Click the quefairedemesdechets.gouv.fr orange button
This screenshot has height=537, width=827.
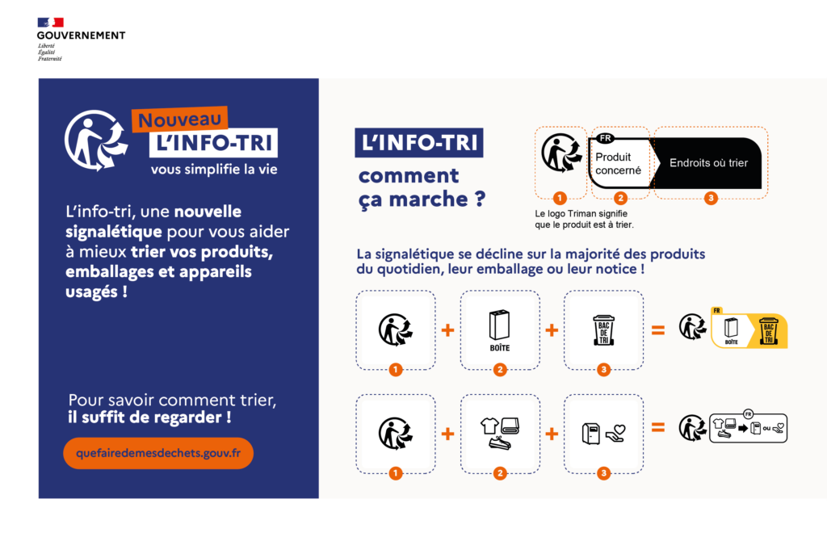click(158, 454)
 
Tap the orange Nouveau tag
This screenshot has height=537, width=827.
click(181, 120)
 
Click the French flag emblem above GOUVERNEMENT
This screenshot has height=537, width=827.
click(50, 23)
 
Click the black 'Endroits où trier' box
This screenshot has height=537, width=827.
click(708, 163)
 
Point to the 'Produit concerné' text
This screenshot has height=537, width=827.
click(619, 164)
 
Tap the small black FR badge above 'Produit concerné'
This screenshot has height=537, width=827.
click(605, 138)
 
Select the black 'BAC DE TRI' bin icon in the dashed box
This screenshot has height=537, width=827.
click(603, 329)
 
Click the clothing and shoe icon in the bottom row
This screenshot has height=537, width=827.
click(500, 433)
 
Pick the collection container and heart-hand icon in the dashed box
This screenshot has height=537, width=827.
click(603, 433)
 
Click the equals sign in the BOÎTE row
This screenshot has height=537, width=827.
click(658, 329)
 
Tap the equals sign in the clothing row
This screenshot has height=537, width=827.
click(658, 429)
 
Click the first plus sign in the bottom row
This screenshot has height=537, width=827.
click(448, 434)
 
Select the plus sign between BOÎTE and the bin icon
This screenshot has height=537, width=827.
click(552, 330)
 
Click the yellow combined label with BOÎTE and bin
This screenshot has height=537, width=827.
click(748, 327)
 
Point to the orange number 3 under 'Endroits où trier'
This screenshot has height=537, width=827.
click(711, 199)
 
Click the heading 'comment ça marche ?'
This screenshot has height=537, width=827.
click(420, 187)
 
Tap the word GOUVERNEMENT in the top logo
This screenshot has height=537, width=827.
click(81, 36)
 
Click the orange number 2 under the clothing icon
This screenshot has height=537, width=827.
click(500, 474)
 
